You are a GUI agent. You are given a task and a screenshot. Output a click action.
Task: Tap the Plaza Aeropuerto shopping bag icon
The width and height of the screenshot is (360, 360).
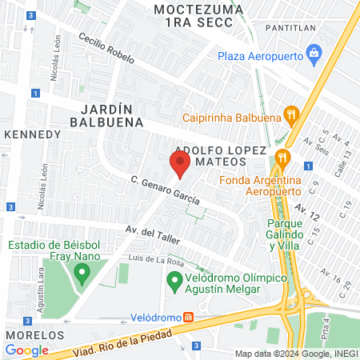click(314, 54)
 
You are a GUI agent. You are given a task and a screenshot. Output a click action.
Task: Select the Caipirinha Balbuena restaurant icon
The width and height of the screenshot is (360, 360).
click(291, 115)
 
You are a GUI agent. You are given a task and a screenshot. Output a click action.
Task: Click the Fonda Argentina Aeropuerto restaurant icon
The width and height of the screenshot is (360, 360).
click(281, 156)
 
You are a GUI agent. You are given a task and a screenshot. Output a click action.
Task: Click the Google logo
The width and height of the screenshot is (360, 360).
click(26, 350)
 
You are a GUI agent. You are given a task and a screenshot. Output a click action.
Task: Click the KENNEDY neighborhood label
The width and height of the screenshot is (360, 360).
click(33, 134)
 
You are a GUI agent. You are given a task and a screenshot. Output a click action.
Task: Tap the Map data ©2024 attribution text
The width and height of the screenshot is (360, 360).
click(294, 353)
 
